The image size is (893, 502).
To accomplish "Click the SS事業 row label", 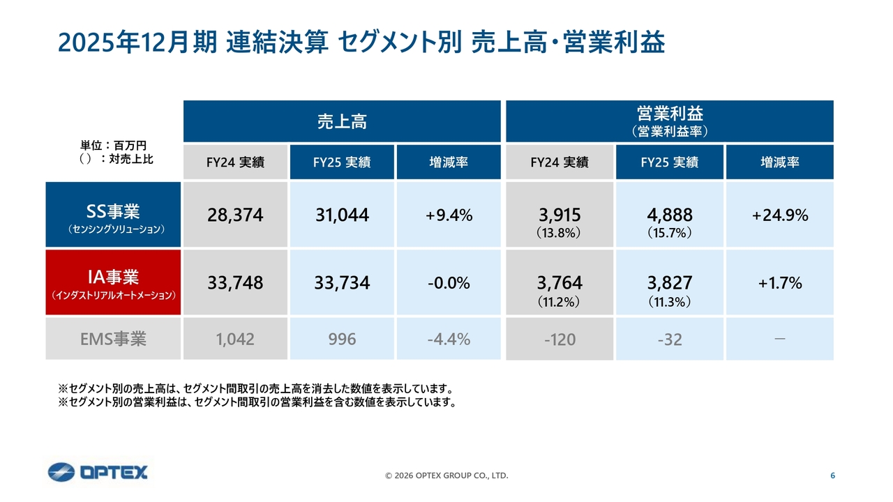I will pos(113,215).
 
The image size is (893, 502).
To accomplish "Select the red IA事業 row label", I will pos(113,282).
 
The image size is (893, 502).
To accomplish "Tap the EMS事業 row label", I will pos(113,340).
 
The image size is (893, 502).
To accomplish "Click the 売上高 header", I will pos(342,122).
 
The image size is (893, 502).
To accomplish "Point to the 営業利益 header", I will pos(669,121).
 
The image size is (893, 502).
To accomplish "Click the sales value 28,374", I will pos(235,215).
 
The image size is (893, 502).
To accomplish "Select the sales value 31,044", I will pos(341,215).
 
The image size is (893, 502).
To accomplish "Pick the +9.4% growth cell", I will pos(449,215).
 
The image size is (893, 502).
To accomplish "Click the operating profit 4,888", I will pos(669,215).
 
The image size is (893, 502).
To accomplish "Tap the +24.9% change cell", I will pos(780,215).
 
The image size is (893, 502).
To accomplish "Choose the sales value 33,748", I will pos(235,283).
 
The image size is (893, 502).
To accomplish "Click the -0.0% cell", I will pos(449,283).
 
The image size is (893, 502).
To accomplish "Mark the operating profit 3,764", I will pos(559,283).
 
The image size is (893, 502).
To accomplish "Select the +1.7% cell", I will pos(780,283).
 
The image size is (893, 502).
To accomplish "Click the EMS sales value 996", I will pos(341,340).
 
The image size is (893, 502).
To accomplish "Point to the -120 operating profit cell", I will pos(559,340).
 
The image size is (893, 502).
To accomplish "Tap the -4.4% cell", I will pos(449,340).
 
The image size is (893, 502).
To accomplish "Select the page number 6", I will pos(832,476).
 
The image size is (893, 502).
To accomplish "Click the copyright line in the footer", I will pos(446,476).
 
